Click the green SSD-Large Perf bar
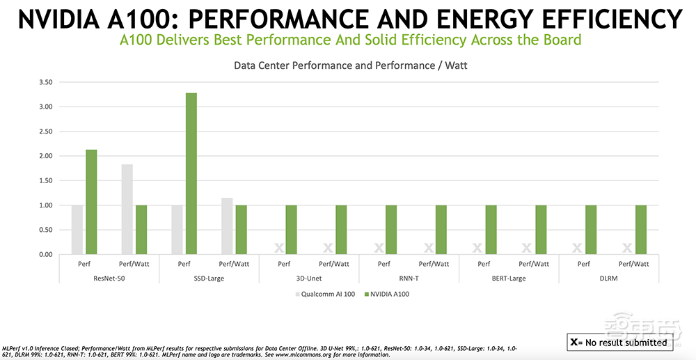tap(191, 173)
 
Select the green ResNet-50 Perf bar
tap(90, 202)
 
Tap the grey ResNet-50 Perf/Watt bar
tap(127, 209)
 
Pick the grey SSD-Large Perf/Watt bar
tap(227, 226)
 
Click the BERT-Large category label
tap(509, 279)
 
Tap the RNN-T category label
tap(409, 279)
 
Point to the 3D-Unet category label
tap(309, 279)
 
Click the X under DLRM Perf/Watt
tap(627, 248)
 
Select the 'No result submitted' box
tap(619, 342)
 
